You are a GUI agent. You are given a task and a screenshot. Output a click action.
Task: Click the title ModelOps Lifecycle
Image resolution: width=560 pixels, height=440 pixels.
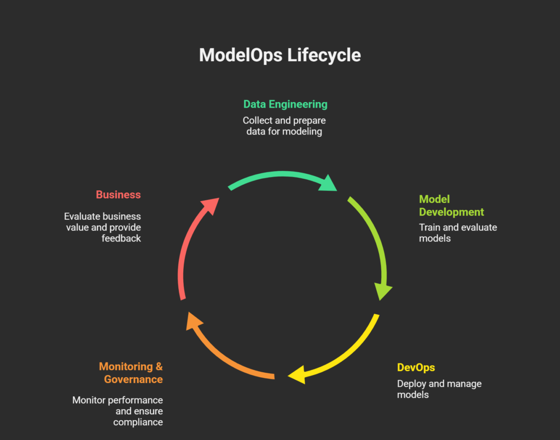[x=279, y=55]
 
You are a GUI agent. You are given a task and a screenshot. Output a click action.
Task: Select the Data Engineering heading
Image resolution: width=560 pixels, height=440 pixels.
[x=285, y=104]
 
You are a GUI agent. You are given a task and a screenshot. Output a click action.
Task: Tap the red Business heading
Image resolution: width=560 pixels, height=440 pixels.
[x=118, y=195]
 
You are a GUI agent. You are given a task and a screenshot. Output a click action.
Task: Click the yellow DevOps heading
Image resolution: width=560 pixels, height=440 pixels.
[x=416, y=367]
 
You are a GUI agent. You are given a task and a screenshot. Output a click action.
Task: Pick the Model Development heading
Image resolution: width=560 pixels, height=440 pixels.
[x=451, y=206]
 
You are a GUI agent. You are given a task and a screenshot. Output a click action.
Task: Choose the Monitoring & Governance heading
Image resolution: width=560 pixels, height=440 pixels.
[x=131, y=373]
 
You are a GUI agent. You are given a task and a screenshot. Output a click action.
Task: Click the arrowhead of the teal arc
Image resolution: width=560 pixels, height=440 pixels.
[x=328, y=183]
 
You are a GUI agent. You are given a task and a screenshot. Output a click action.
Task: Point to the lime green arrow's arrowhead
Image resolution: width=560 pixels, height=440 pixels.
[x=383, y=291]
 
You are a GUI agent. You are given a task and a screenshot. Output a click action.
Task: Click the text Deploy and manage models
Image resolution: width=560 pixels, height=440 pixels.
[x=439, y=389]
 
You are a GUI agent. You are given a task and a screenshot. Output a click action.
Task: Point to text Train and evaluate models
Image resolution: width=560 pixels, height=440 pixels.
[x=458, y=233]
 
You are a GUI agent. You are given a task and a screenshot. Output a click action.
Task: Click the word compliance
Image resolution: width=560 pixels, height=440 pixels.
[x=138, y=422]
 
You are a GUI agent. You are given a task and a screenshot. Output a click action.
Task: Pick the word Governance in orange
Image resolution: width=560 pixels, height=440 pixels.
[x=133, y=379]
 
